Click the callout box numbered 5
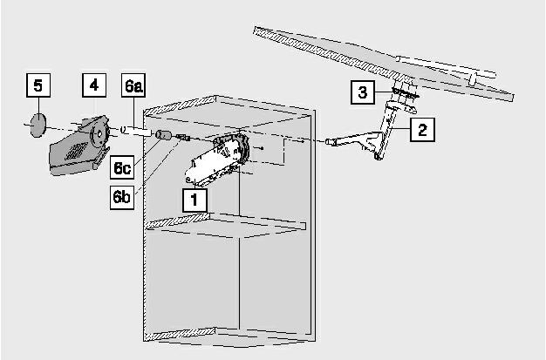coord(38,85)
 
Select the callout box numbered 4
coord(94,85)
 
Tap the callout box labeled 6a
coord(133,85)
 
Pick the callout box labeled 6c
coord(122,167)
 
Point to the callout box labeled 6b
coord(122,197)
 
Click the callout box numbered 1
coord(195,200)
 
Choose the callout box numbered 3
coord(363,92)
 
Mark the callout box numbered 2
coord(422,130)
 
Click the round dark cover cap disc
coord(38,125)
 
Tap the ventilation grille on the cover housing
coord(76,151)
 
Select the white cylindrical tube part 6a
coord(136,132)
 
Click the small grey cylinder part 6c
coord(163,134)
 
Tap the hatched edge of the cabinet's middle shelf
coord(178,221)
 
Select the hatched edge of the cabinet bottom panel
coord(180,334)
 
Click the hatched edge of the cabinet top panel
coord(181,105)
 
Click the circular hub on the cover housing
coord(99,134)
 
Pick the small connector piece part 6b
coord(183,137)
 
